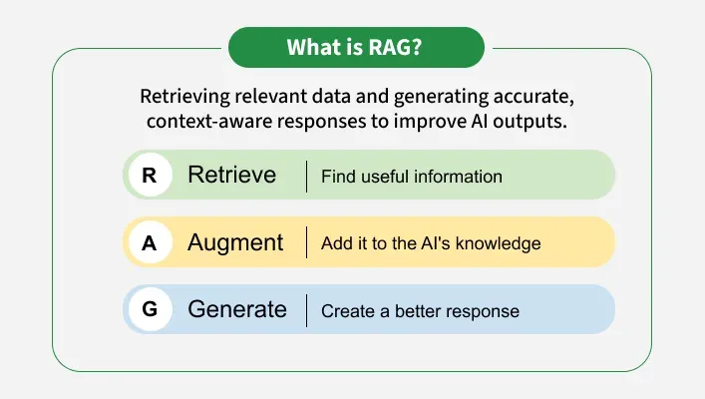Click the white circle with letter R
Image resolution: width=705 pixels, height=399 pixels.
tap(150, 176)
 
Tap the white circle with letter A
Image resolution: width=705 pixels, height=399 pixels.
tap(150, 242)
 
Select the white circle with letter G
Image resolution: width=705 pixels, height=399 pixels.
tap(150, 309)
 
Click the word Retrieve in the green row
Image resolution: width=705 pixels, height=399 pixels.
tap(231, 176)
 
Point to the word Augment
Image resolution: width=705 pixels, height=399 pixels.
tap(235, 242)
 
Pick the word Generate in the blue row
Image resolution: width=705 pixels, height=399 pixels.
tap(237, 309)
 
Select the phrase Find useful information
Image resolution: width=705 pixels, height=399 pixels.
tap(411, 177)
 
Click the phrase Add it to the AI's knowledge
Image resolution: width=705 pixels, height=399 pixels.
tap(430, 243)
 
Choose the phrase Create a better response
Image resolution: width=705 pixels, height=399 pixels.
tap(420, 310)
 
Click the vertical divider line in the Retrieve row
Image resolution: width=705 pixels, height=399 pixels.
tap(306, 176)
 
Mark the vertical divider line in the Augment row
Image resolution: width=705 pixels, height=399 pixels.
tap(306, 242)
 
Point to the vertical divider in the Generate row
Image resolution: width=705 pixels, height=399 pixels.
tap(306, 309)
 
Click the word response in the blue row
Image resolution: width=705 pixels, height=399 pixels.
tap(484, 311)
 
